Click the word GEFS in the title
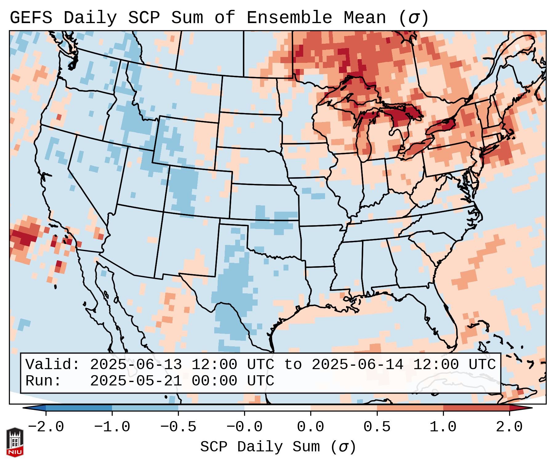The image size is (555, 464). [x=31, y=18]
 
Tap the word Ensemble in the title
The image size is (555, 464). [x=289, y=18]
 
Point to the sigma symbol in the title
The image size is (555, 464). [x=413, y=18]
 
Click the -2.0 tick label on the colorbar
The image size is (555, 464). [x=46, y=427]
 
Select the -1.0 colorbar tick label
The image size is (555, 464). [x=112, y=427]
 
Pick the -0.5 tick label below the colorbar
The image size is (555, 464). [x=178, y=427]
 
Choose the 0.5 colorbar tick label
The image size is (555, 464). [x=377, y=427]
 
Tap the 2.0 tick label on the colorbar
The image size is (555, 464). [x=509, y=427]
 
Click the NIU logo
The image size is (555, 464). [x=15, y=442]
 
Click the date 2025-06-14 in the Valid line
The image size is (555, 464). [x=357, y=364]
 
